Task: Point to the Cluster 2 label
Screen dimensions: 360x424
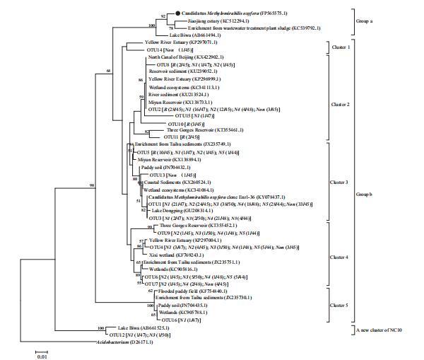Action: (x=340, y=104)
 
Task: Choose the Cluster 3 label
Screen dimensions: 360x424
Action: (x=340, y=182)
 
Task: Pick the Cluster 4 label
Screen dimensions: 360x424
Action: (x=340, y=248)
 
